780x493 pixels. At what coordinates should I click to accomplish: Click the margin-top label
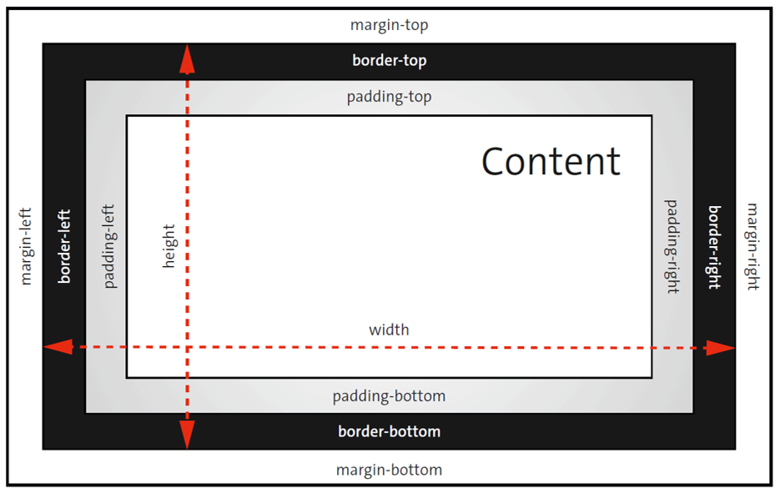tap(389, 25)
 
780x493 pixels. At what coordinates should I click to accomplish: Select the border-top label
tap(389, 61)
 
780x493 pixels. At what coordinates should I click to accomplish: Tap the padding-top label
tap(389, 97)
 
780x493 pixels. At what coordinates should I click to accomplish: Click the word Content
tap(551, 161)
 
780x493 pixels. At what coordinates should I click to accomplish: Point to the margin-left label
tap(25, 246)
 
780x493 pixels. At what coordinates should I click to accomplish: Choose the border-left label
tap(64, 246)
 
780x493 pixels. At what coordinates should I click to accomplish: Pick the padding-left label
tap(109, 246)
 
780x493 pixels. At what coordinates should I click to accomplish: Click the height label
tap(169, 246)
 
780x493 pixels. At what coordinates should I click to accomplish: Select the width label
tap(389, 330)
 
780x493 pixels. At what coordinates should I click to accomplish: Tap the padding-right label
tap(672, 246)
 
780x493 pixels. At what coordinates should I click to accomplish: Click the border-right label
tap(714, 246)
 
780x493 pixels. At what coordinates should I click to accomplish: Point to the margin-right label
tap(752, 246)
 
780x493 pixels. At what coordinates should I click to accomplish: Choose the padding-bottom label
tap(389, 395)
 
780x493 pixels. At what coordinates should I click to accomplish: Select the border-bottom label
tap(389, 431)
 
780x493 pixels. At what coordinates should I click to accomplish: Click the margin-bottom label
tap(389, 470)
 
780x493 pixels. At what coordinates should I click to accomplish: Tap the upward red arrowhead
tap(187, 58)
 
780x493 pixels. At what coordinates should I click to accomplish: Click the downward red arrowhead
tap(187, 435)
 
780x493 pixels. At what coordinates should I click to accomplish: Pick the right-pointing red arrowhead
tap(721, 348)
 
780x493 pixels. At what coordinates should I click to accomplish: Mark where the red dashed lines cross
tap(187, 346)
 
